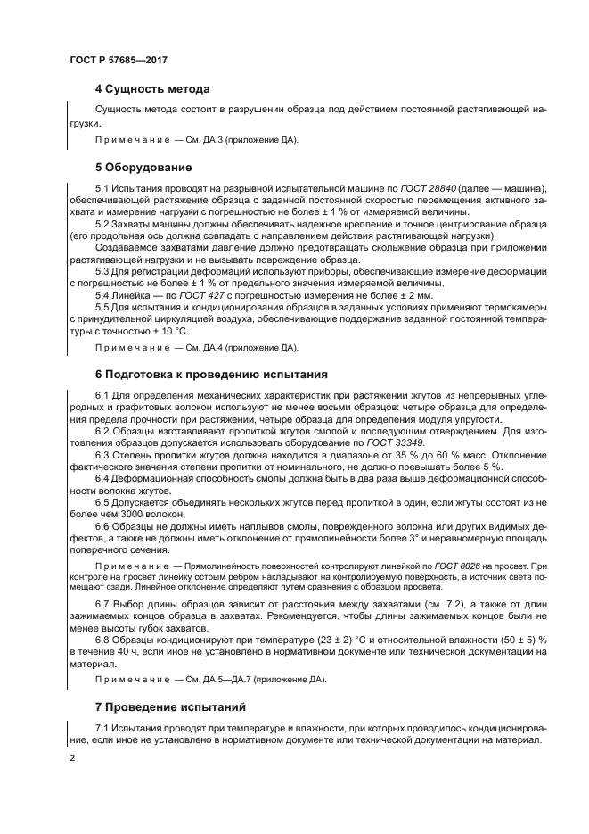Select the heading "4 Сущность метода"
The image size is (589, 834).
pos(151,89)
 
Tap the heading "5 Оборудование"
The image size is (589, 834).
pos(143,167)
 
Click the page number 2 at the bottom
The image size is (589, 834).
pos(72,758)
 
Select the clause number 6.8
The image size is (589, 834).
pos(102,640)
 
